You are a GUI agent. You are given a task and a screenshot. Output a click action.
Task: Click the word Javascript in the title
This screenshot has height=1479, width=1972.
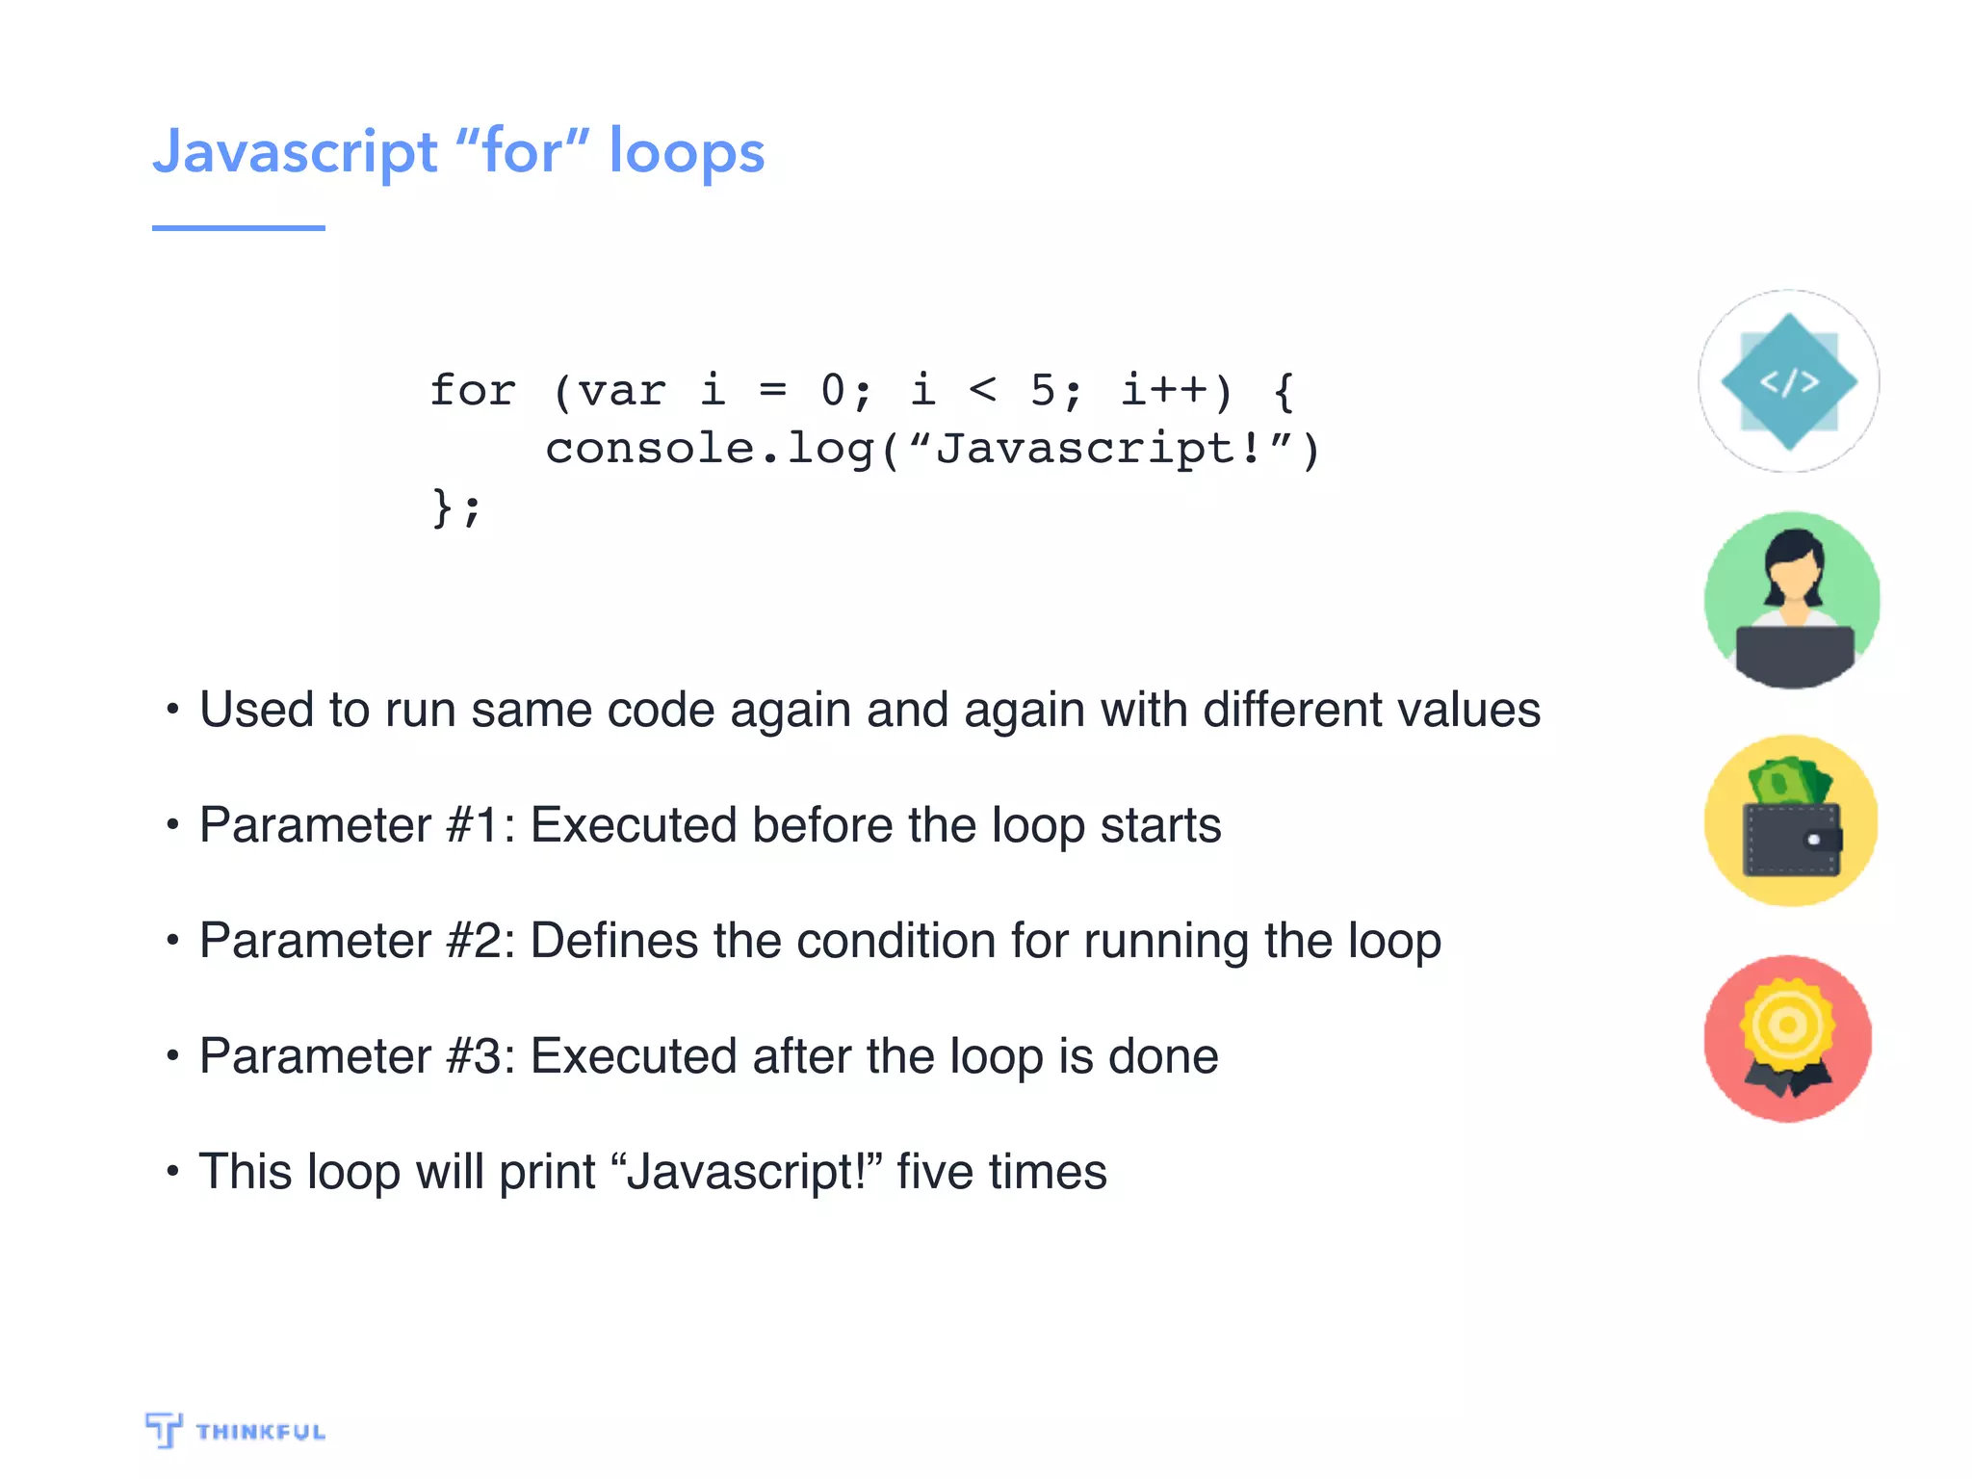[296, 152]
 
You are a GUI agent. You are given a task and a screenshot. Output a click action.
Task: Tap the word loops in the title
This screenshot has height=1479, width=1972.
[687, 152]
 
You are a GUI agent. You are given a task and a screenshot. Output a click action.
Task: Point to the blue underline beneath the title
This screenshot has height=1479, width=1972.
[238, 227]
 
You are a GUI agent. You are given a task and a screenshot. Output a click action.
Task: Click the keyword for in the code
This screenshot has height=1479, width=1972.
[473, 390]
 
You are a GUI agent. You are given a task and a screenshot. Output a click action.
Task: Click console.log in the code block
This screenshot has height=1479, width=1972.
[711, 449]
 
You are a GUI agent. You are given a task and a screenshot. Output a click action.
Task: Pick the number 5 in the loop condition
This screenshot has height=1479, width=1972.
[1044, 390]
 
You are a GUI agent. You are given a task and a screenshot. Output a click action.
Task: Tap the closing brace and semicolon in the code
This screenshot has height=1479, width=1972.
[454, 507]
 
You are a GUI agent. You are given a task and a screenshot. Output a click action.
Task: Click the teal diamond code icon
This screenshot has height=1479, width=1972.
[1788, 381]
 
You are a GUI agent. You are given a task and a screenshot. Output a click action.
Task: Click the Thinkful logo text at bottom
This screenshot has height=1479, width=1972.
[260, 1432]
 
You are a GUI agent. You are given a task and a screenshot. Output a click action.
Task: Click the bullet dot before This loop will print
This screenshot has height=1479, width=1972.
[172, 1172]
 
